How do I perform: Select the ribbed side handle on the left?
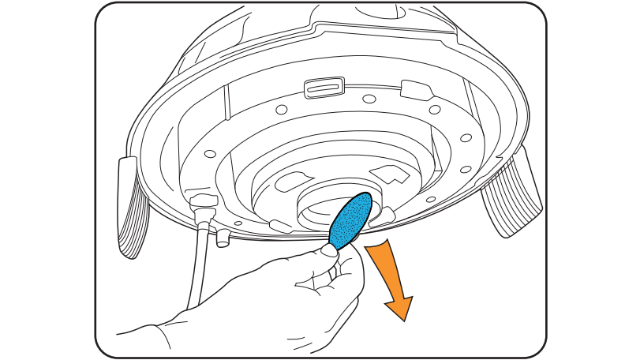(133, 207)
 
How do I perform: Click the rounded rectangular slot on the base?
(324, 88)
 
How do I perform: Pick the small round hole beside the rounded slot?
(368, 99)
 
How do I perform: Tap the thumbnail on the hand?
(327, 250)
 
